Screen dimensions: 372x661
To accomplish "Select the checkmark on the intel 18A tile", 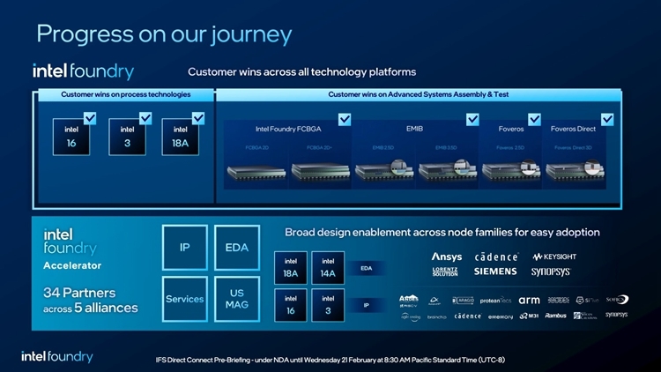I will (197, 118).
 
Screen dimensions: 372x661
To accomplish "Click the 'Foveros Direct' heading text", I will (573, 129).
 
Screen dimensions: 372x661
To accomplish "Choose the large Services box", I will (185, 299).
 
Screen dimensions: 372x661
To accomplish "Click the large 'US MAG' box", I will (236, 299).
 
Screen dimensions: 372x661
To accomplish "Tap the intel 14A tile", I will (327, 268).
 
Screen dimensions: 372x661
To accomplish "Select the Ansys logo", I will (446, 257).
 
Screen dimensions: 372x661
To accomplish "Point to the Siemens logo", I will (495, 272).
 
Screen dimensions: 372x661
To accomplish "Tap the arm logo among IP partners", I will (529, 301).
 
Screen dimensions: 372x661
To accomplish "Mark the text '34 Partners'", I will (79, 293).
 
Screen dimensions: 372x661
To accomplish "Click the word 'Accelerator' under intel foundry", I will (73, 265).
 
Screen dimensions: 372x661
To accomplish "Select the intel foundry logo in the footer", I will (57, 356).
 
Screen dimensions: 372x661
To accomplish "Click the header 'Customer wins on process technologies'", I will (124, 94).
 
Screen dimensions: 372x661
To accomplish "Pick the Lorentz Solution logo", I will (445, 272).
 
